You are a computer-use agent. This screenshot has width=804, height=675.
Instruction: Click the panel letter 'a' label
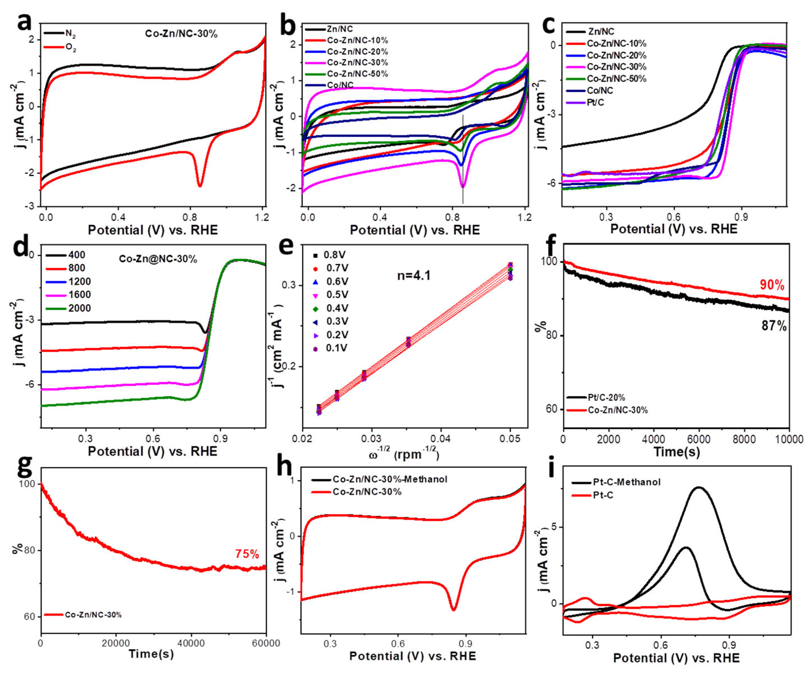pyautogui.click(x=25, y=22)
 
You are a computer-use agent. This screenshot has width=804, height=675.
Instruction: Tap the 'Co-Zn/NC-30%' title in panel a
pyautogui.click(x=181, y=34)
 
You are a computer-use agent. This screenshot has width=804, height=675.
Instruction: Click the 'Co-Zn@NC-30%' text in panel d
pyautogui.click(x=158, y=259)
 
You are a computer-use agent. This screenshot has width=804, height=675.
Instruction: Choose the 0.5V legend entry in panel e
pyautogui.click(x=337, y=295)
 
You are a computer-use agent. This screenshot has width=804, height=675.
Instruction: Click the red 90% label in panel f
pyautogui.click(x=772, y=285)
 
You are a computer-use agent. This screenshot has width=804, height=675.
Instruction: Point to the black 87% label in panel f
pyautogui.click(x=774, y=326)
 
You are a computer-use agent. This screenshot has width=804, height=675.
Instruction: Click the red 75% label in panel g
pyautogui.click(x=247, y=554)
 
